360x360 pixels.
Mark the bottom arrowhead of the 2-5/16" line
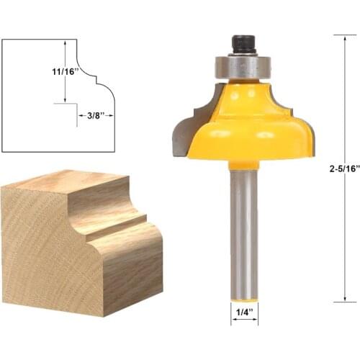click(x=344, y=299)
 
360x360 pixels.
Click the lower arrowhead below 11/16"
click(x=66, y=100)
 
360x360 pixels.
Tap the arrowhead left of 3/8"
click(x=81, y=113)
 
